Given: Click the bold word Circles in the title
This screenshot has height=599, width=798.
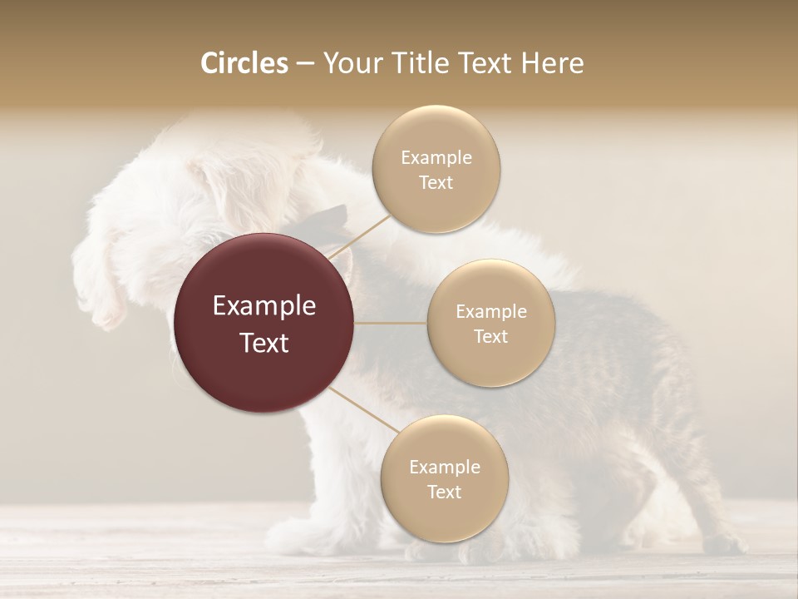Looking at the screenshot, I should point(244,63).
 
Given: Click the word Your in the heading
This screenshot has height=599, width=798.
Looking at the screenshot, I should point(352,63).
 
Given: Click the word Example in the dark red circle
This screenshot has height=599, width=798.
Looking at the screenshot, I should point(264,306).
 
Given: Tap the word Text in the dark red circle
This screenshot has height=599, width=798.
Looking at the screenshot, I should point(264,343).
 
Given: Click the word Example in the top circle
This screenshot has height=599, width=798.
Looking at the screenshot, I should point(436,158).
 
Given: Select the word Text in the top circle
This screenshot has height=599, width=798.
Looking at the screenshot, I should point(436,183).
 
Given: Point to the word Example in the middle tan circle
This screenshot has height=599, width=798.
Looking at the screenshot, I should point(491,312).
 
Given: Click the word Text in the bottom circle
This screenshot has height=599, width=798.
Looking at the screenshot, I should point(444,492).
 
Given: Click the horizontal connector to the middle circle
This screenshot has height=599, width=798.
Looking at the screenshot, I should point(391,323).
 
